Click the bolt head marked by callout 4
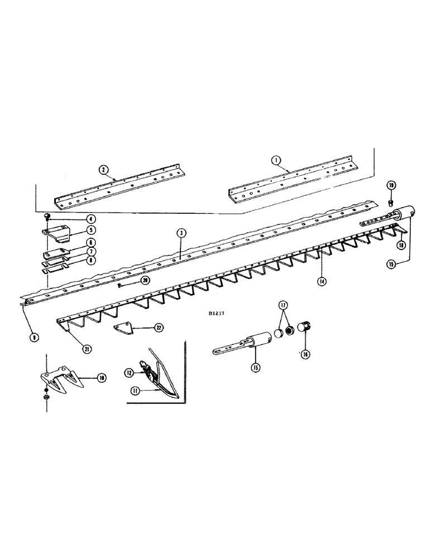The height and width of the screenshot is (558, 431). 47,217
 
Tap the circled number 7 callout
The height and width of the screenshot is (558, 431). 89,251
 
